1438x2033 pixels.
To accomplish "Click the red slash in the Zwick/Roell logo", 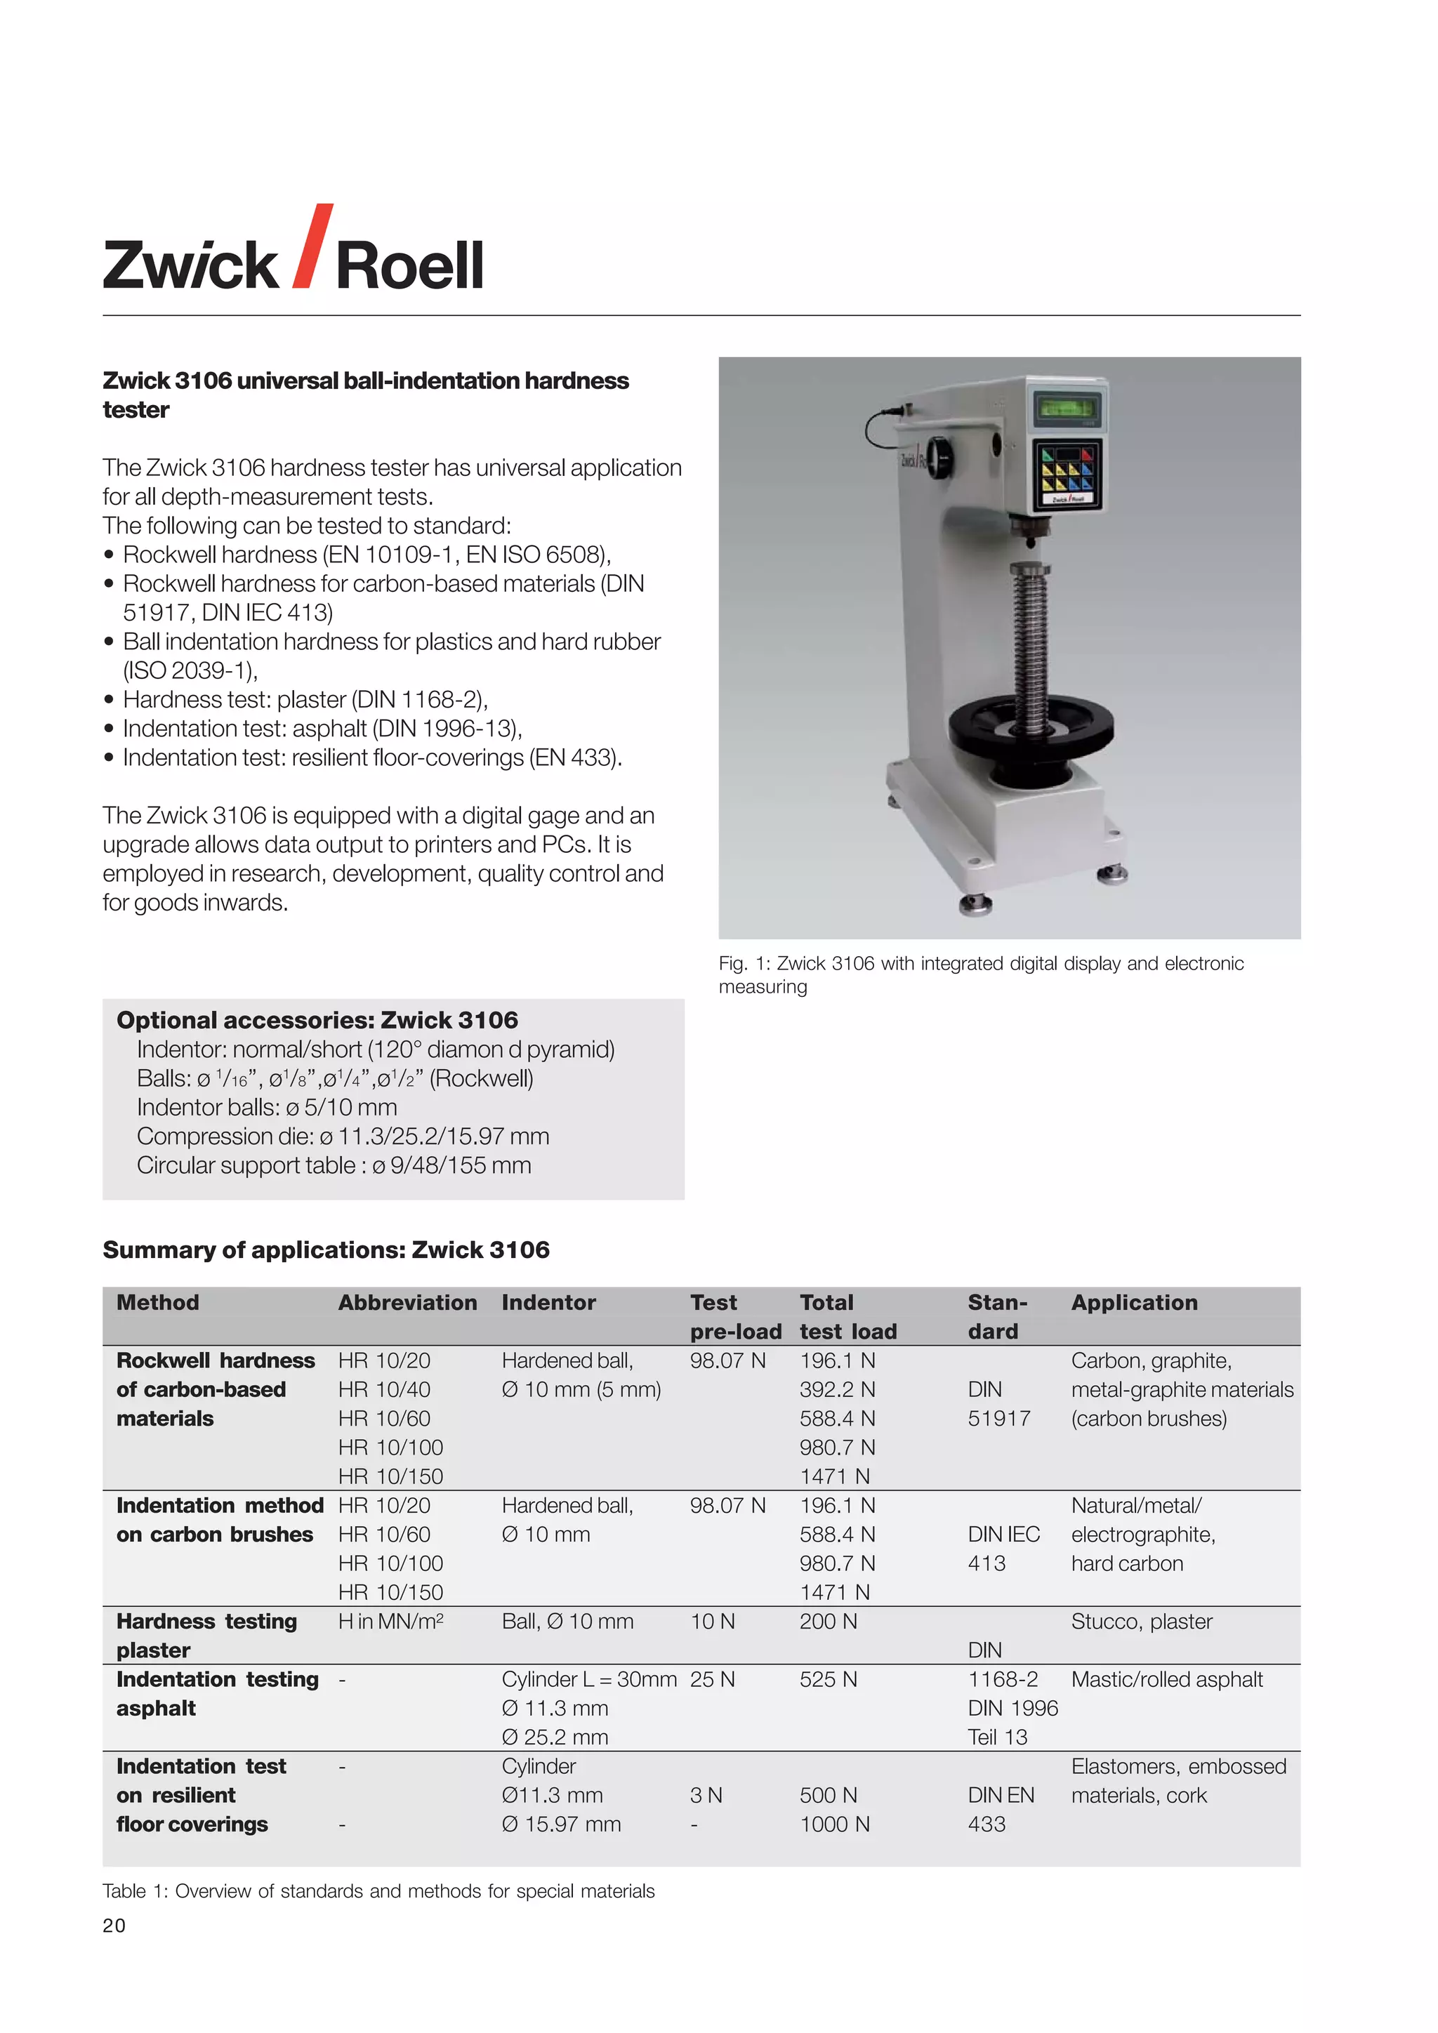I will [x=312, y=246].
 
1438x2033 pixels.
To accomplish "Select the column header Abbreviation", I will [x=407, y=1302].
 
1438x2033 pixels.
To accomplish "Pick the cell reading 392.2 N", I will [x=837, y=1389].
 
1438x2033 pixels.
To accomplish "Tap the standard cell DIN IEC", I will [x=1003, y=1535].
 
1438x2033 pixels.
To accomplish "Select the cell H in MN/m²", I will [x=390, y=1621].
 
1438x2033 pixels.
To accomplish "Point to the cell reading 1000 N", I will [x=834, y=1824].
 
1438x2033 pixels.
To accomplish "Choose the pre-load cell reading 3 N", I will [x=706, y=1795].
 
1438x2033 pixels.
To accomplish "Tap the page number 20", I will [x=114, y=1925].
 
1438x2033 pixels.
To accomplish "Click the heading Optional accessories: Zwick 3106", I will [x=317, y=1020].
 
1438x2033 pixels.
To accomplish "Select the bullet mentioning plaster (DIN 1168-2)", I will [x=305, y=699].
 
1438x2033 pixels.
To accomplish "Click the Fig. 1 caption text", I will [x=980, y=974].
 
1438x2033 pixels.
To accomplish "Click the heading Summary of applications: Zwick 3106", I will [x=326, y=1250].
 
